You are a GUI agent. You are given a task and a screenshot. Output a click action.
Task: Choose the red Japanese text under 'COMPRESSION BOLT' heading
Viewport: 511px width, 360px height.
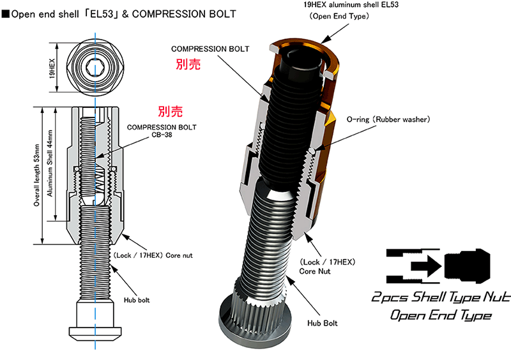click(188, 64)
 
